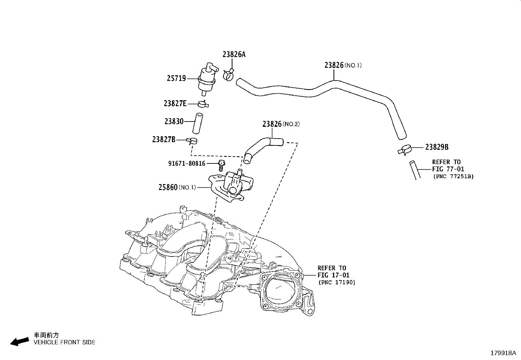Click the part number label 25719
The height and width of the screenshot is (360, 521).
coord(176,78)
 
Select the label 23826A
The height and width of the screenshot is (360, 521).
coord(234,54)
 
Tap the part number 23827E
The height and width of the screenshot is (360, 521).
coord(175,104)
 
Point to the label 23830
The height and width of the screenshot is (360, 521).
coord(174,122)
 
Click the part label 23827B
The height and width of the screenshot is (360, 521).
coord(164,140)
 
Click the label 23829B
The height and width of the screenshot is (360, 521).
coord(437,147)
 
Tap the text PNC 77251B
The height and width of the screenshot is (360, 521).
coord(453,176)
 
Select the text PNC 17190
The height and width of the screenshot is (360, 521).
coord(336,282)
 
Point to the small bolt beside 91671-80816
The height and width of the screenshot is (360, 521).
coord(222,165)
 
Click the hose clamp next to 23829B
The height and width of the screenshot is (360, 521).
coord(405,150)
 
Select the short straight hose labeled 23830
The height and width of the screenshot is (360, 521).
coord(198,123)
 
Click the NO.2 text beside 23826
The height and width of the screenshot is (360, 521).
coord(291,124)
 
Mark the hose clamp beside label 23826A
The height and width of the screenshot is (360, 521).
coord(229,75)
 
